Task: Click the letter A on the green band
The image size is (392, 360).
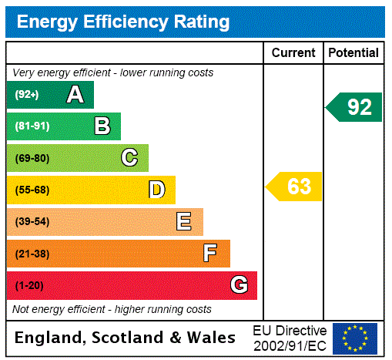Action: tap(75, 95)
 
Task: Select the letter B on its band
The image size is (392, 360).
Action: tap(102, 126)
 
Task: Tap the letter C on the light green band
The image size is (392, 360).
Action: tap(129, 158)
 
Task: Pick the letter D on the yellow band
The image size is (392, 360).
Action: tap(156, 190)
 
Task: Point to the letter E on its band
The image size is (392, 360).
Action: tap(184, 222)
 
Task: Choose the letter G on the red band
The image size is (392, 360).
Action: tap(239, 285)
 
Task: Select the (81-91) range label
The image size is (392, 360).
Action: tap(32, 126)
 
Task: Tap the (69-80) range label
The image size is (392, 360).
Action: tap(32, 158)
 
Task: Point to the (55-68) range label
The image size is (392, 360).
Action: tap(32, 190)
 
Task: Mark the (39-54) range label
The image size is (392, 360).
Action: tap(32, 222)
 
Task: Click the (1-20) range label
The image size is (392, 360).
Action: tap(29, 285)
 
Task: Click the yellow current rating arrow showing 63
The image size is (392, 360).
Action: tap(294, 187)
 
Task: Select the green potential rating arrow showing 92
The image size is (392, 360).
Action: tap(354, 107)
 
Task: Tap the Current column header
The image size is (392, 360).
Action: tap(293, 53)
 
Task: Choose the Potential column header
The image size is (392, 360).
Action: tap(353, 53)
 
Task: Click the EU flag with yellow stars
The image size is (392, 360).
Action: tap(355, 338)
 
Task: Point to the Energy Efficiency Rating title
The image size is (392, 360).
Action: tap(123, 22)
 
